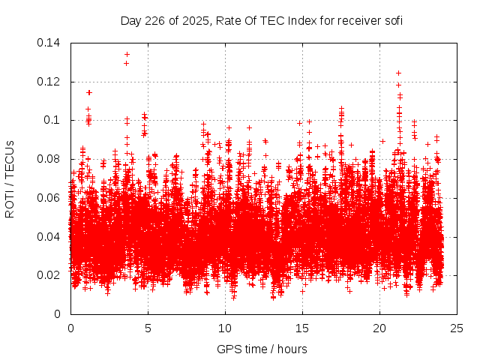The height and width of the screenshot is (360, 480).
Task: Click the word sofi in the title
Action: pos(392,21)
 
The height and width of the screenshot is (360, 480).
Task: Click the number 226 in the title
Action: pos(155,21)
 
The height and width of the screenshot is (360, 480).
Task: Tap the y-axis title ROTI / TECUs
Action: pos(10,178)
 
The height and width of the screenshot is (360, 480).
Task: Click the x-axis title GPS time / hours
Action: pos(262,349)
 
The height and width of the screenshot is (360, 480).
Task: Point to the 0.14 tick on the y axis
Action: pos(51,43)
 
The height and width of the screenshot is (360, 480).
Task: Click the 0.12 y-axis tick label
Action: pos(51,82)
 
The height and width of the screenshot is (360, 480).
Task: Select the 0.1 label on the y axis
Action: pos(54,120)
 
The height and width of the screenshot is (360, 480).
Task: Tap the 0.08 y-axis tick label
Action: pos(51,159)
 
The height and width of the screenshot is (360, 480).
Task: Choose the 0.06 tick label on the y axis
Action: pos(51,198)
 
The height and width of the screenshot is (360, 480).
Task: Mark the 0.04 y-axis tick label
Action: pos(51,237)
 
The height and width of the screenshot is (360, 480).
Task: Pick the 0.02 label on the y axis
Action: pos(51,275)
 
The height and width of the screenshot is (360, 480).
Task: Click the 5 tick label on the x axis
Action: pos(148,328)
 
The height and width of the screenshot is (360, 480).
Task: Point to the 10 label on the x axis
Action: pos(225,328)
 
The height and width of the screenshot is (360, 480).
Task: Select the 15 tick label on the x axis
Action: pos(302,328)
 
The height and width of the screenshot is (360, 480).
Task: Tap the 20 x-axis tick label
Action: pos(379,328)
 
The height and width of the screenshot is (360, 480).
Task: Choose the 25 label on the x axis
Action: pos(457,328)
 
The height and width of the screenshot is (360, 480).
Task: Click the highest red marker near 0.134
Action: pos(127,54)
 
